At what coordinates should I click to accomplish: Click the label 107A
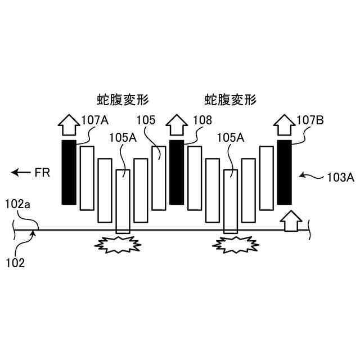(95, 120)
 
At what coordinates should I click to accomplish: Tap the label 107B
(309, 120)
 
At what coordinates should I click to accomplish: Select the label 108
(201, 120)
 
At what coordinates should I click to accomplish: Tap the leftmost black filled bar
(68, 172)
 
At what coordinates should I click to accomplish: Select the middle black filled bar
(176, 172)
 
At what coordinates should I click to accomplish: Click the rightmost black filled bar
(284, 172)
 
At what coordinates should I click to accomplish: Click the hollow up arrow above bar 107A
(68, 125)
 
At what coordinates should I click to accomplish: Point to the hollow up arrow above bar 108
(176, 125)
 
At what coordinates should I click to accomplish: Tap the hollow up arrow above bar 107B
(284, 125)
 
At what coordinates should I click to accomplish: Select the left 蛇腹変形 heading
(122, 101)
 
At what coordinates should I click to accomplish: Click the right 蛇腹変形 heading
(231, 101)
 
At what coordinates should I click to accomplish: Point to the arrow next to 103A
(309, 177)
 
